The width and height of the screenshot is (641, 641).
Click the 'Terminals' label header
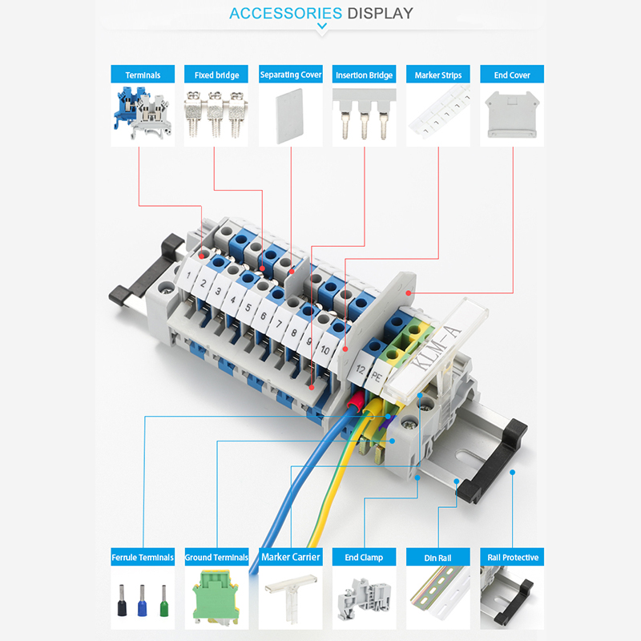[143, 75]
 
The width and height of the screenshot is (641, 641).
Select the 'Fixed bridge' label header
[216, 75]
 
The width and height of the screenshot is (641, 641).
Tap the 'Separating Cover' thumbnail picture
[291, 115]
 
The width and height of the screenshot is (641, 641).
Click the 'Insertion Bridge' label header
[364, 75]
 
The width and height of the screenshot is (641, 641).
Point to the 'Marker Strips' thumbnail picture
[438, 115]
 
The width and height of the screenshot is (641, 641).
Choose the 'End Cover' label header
[512, 75]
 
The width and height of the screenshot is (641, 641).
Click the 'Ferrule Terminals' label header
[143, 557]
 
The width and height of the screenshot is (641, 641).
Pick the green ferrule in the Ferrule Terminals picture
[164, 600]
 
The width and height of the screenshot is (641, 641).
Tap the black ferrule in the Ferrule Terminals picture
[122, 600]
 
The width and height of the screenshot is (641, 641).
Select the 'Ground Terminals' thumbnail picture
[216, 598]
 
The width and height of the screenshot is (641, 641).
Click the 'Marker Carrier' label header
[291, 557]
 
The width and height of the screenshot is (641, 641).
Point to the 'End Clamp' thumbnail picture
[365, 598]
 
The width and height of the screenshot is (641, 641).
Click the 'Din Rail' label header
[438, 557]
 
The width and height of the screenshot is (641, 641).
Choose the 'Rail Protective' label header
[512, 557]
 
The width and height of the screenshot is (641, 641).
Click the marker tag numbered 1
[188, 275]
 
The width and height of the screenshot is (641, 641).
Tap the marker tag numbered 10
[325, 350]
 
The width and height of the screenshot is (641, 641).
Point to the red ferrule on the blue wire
[356, 398]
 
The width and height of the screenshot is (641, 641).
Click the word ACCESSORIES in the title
[285, 13]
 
